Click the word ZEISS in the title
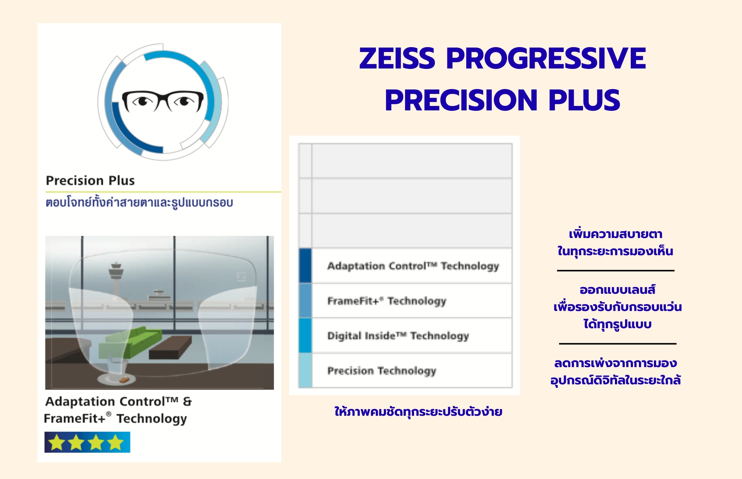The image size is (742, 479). coord(397,58)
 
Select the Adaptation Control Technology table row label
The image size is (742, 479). coord(413,266)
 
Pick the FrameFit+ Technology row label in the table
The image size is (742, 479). coord(387,301)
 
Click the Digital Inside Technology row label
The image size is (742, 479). coord(398,336)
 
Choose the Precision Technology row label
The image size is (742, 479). coord(381,370)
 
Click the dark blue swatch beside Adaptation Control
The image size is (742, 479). coord(305,266)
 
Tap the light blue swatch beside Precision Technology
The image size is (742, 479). coord(305,370)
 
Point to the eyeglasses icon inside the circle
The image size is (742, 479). coord(163,101)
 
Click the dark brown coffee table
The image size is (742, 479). coord(171,348)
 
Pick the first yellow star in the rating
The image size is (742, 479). coord(57,442)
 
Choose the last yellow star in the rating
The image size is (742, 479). coord(115,442)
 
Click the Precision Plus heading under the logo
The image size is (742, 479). coord(90,180)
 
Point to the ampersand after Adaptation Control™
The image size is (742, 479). coord(187,402)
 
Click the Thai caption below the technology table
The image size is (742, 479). coord(418,412)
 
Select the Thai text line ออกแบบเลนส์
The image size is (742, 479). coord(618,290)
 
